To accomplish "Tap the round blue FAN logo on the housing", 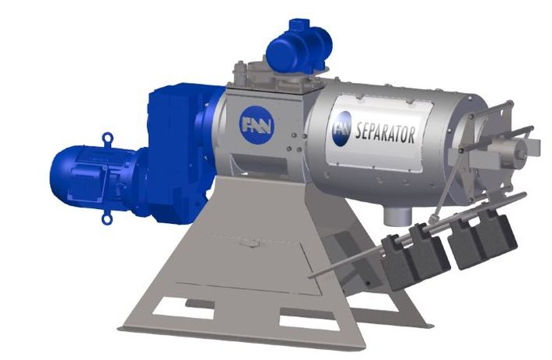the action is pos(257,124).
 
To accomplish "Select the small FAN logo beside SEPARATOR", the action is pos(342,128).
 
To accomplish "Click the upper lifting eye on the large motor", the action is pos(107,137).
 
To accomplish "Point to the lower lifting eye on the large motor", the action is pos(106,219).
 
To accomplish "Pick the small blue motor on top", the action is pos(299,48).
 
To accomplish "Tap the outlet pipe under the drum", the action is pos(398,214).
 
